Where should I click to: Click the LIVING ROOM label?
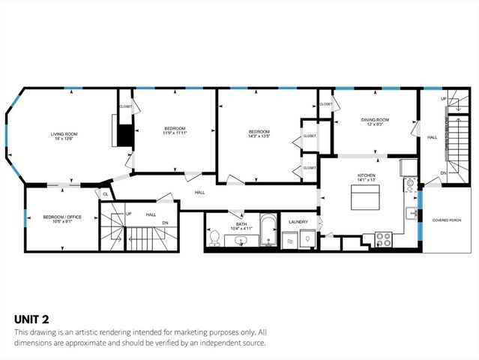click(x=64, y=134)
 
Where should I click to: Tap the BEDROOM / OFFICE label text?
click(x=61, y=217)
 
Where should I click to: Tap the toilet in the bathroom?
click(x=215, y=238)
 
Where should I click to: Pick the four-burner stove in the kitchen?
click(x=383, y=239)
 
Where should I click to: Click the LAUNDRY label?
click(x=299, y=221)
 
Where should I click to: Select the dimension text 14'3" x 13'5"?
click(x=259, y=137)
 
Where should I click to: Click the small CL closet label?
click(x=106, y=194)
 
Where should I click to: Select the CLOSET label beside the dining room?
click(x=325, y=104)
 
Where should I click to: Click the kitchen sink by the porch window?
click(x=411, y=213)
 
